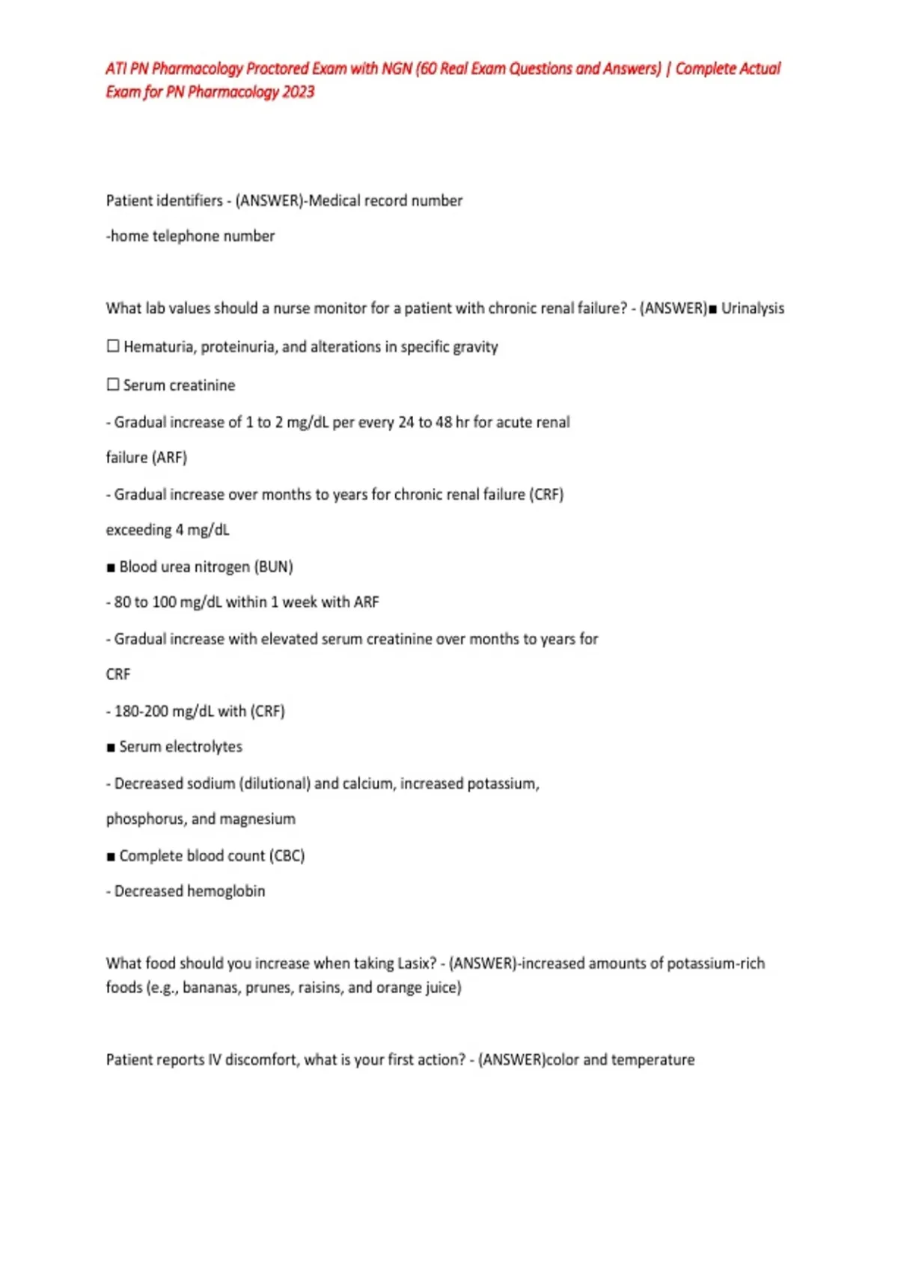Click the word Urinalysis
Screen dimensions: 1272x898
pyautogui.click(x=752, y=308)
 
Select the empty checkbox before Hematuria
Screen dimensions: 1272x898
pyautogui.click(x=113, y=346)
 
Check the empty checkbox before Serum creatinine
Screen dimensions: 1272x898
pyautogui.click(x=113, y=385)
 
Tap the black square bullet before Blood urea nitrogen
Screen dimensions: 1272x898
pyautogui.click(x=111, y=567)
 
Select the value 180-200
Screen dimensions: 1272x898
pyautogui.click(x=141, y=711)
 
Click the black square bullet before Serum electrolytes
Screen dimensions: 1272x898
pyautogui.click(x=111, y=747)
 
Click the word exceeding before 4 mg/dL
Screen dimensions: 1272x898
pyautogui.click(x=138, y=530)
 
